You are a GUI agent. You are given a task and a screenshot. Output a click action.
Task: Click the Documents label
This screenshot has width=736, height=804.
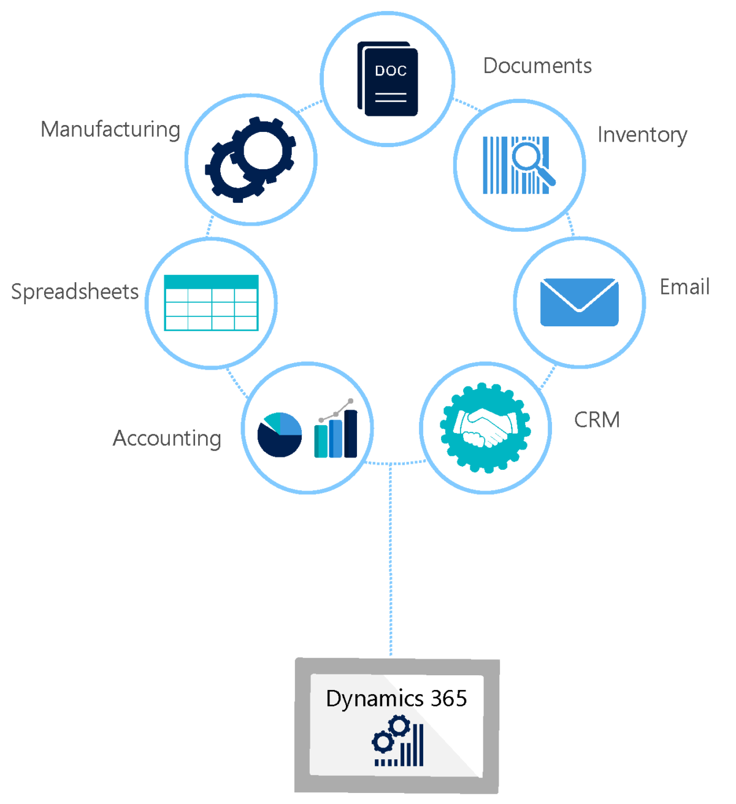coord(537,66)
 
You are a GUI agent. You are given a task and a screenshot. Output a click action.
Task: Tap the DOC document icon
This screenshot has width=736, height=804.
coord(388,78)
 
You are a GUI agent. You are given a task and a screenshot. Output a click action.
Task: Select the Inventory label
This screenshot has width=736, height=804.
coord(642,135)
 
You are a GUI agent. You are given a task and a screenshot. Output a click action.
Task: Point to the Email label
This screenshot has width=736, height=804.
coord(684,287)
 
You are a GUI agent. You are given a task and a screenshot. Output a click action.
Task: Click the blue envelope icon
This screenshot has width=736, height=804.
coord(579,302)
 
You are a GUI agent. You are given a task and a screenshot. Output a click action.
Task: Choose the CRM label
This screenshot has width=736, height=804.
coord(597,420)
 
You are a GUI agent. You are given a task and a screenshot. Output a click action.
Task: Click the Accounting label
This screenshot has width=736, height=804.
coord(167,438)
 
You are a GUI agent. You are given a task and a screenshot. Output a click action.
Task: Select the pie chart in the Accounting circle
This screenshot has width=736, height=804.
coord(280,435)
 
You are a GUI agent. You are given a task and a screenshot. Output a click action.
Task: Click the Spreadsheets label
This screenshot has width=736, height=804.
coord(75,292)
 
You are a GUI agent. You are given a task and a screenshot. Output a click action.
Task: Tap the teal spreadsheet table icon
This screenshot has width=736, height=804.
coord(211,303)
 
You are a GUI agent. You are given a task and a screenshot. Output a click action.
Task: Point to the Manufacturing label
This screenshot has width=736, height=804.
coord(110,129)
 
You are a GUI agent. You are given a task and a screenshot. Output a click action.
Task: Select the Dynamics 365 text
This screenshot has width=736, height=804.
coord(396,699)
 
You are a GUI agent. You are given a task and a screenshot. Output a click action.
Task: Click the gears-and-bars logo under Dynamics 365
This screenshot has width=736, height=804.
coord(398,743)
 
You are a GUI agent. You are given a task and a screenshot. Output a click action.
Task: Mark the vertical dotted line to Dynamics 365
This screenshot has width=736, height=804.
coord(390,558)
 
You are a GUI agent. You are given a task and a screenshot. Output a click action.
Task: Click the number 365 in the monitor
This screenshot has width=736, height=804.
coord(449,699)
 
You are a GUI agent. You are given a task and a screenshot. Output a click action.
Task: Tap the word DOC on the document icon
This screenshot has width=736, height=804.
coord(391,71)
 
